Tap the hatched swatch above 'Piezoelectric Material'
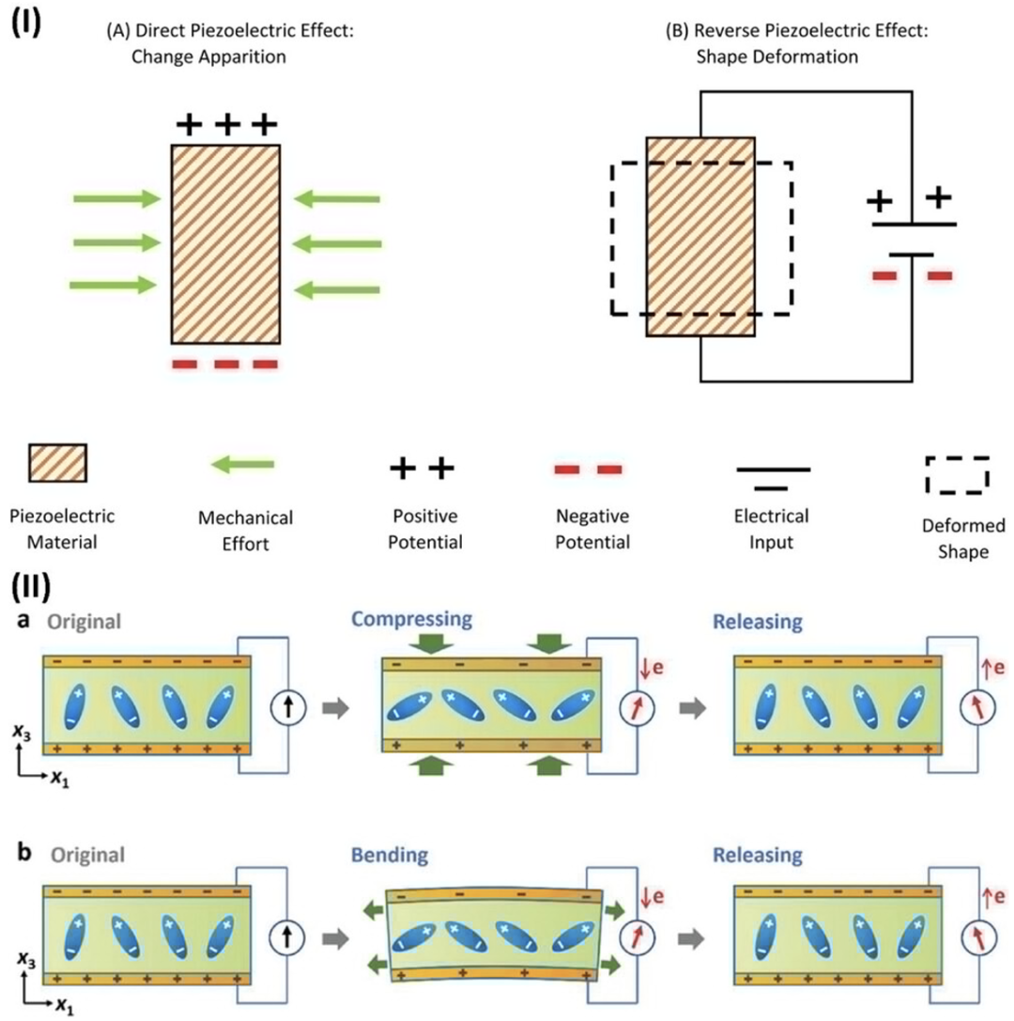click(x=58, y=463)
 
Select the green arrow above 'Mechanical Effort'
click(x=243, y=464)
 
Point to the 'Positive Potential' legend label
click(x=425, y=529)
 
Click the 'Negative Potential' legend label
click(x=592, y=529)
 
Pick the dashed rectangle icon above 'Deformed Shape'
click(x=958, y=474)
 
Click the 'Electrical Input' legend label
click(x=771, y=529)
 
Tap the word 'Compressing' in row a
click(x=411, y=619)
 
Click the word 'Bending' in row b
click(x=390, y=855)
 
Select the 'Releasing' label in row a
click(x=758, y=622)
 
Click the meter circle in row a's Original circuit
click(x=288, y=707)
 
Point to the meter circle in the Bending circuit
click(x=638, y=937)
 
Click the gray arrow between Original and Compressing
click(x=336, y=707)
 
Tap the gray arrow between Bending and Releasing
click(x=691, y=938)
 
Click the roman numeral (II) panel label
click(x=31, y=587)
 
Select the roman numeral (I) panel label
click(x=26, y=23)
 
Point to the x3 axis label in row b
click(x=26, y=960)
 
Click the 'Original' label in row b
click(x=88, y=855)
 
